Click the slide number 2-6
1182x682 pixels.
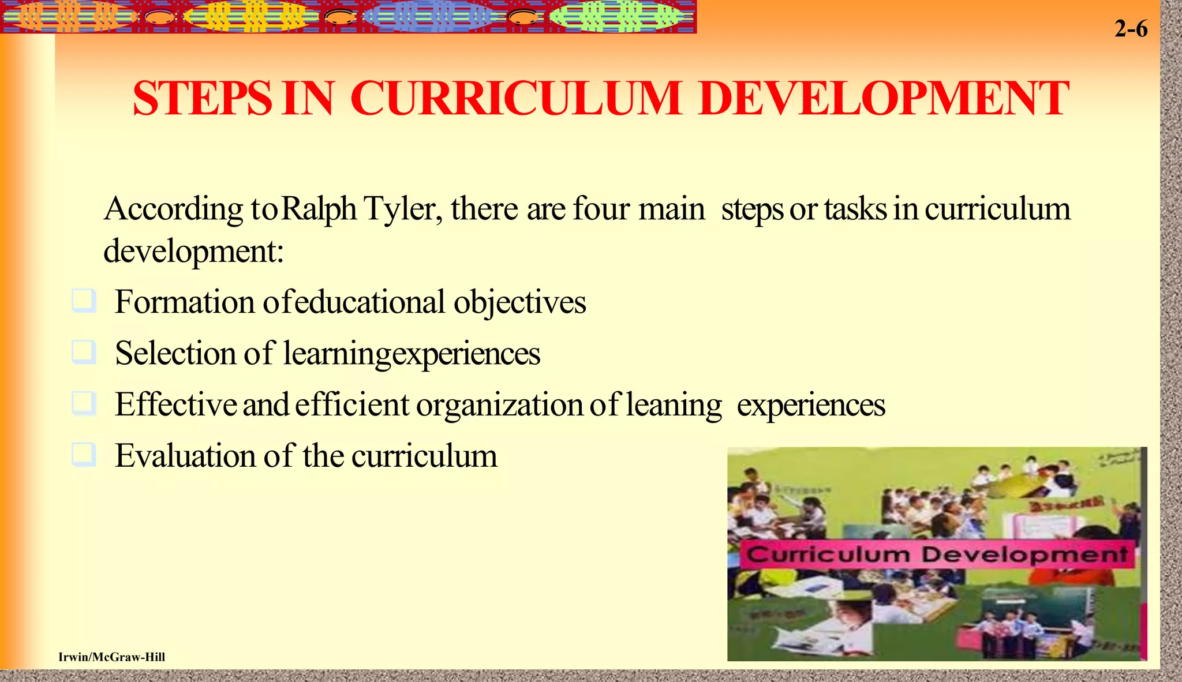[x=1131, y=29]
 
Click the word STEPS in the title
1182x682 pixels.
[x=202, y=98]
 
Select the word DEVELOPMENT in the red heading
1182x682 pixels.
[x=883, y=98]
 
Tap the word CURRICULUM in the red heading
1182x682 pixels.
[x=515, y=98]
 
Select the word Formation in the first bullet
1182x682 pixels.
[x=184, y=302]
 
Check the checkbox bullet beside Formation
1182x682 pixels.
[x=84, y=301]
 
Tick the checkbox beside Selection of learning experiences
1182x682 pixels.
[x=84, y=352]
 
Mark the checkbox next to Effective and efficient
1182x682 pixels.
[x=84, y=403]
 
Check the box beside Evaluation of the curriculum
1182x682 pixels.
[x=84, y=454]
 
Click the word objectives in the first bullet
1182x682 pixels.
[x=519, y=302]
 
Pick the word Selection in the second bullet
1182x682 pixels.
[x=175, y=354]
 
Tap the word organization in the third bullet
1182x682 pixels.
[x=499, y=405]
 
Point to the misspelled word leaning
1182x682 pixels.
[x=674, y=405]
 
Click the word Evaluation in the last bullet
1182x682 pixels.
[x=185, y=456]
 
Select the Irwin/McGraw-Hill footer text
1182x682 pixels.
[x=111, y=657]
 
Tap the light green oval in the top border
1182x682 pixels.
[x=616, y=17]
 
